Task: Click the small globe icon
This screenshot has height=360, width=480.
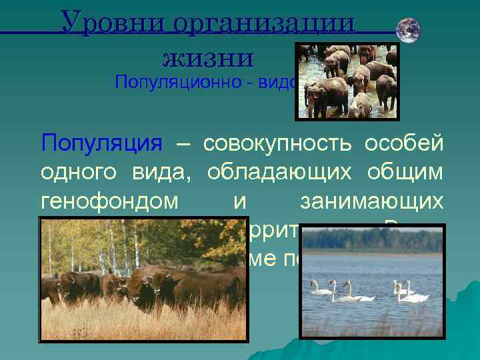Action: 408,29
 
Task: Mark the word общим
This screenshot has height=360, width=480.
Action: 407,173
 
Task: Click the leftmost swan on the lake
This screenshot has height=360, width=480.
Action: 322,287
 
